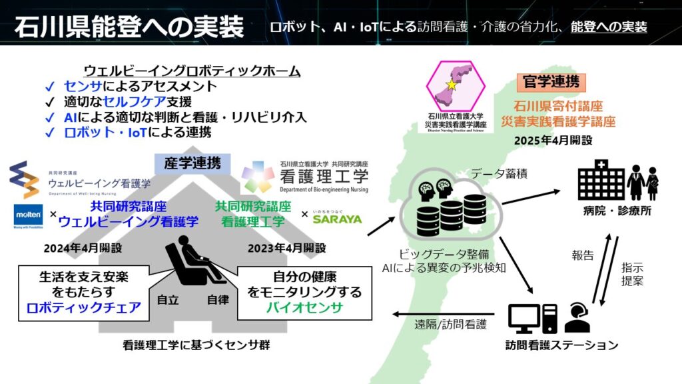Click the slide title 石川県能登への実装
[x=129, y=27]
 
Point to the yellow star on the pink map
[x=451, y=85]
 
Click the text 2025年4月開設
[x=552, y=141]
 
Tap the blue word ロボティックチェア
[x=84, y=307]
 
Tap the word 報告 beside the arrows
[x=581, y=254]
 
